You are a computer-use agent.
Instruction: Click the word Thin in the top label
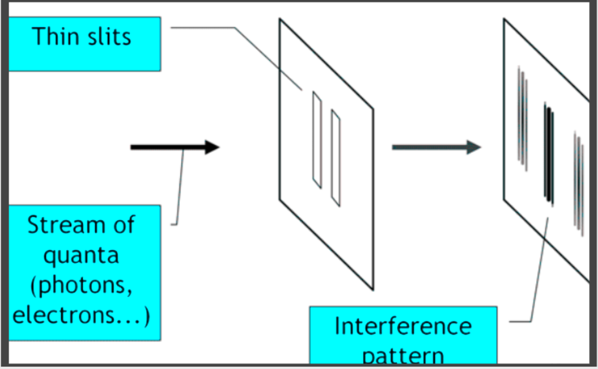(58, 36)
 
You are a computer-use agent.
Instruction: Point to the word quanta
(82, 256)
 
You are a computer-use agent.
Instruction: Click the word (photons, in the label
(83, 285)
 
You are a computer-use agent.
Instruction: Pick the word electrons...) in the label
(82, 314)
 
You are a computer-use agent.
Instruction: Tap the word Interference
(403, 325)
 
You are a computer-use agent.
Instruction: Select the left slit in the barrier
(317, 140)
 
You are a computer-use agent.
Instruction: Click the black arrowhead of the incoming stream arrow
(211, 146)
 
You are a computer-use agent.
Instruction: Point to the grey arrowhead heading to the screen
(473, 147)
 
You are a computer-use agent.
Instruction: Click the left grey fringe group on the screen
(522, 119)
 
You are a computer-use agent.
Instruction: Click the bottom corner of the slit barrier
(373, 289)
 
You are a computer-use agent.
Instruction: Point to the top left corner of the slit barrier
(279, 19)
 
